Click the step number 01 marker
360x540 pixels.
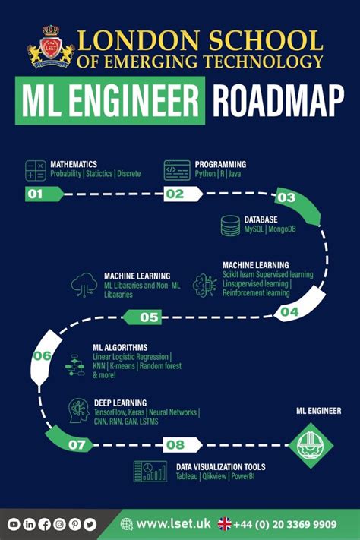(x=36, y=194)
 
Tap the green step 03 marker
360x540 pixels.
(x=286, y=198)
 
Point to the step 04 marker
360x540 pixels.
(x=289, y=311)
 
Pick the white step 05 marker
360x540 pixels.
(x=150, y=317)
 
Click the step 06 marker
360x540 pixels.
(x=43, y=355)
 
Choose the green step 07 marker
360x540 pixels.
(x=77, y=444)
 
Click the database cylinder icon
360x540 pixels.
(x=230, y=226)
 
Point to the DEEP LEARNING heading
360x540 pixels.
(x=120, y=403)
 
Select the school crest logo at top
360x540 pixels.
(x=51, y=49)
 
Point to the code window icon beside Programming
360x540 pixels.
(x=177, y=170)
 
